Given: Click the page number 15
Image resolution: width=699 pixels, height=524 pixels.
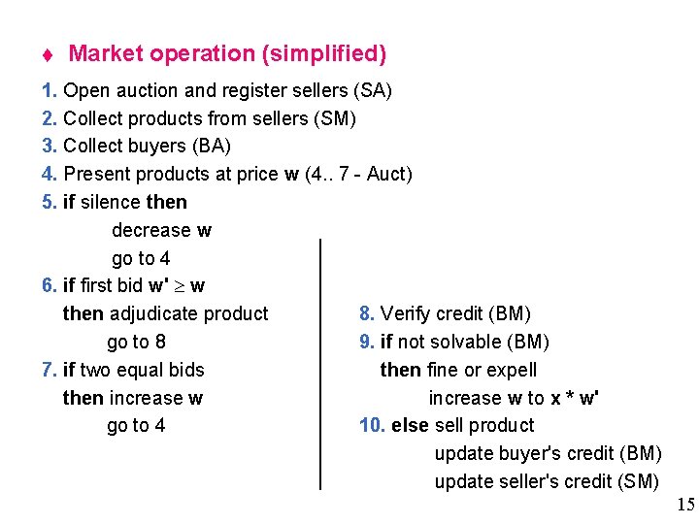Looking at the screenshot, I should pos(685,504).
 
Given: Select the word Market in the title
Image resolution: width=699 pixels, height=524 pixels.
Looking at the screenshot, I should pos(104,53).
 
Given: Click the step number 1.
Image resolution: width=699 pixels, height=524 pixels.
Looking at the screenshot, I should pos(50,91).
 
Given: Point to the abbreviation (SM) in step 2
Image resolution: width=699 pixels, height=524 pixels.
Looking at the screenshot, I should pos(336,119).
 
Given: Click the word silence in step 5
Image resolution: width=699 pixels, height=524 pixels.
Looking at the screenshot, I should pos(110,203).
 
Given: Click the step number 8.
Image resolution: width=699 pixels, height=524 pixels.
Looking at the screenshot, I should pos(366,313).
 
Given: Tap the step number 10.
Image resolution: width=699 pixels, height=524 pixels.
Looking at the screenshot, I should pos(373,426).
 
